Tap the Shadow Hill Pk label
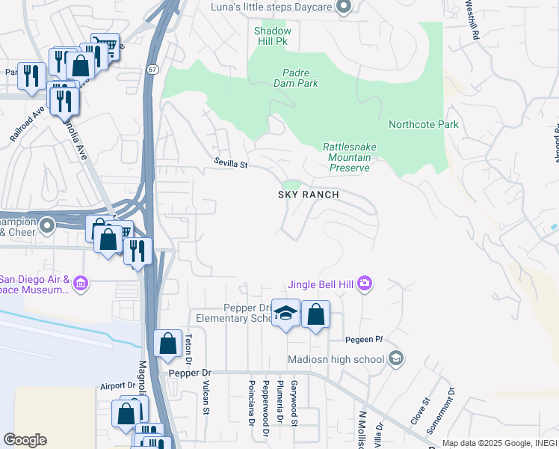click(x=271, y=37)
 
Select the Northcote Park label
click(x=423, y=124)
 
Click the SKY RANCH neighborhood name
click(x=309, y=195)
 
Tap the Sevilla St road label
click(x=230, y=162)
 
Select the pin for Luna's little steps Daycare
click(x=344, y=8)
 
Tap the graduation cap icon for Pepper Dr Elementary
click(x=285, y=314)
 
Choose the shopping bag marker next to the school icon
click(x=316, y=315)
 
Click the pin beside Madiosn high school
click(x=396, y=359)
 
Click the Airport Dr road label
click(x=117, y=386)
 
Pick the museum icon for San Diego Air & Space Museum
click(x=81, y=284)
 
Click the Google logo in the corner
click(x=25, y=439)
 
